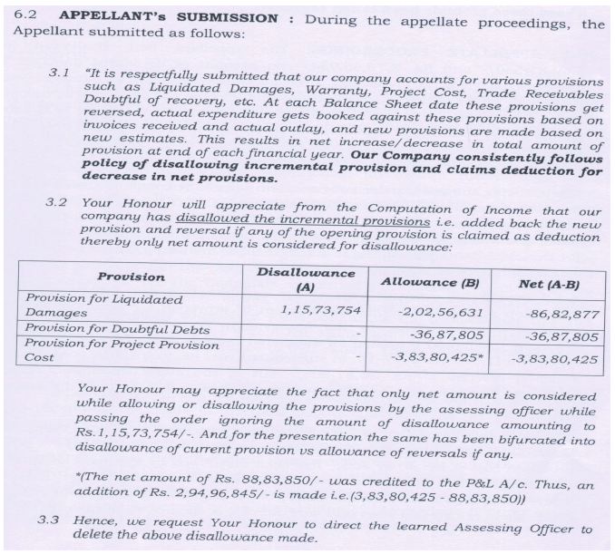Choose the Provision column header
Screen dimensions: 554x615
coord(131,277)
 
